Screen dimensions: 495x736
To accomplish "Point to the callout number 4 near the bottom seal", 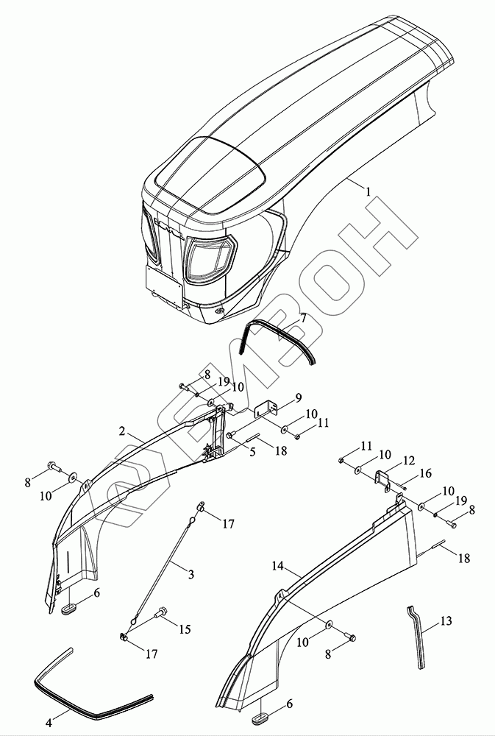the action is pos(49,723).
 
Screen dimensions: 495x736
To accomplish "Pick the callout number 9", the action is pos(299,397).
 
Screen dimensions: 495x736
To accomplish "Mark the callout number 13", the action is pos(446,621).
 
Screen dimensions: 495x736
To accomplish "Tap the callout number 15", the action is pos(185,629).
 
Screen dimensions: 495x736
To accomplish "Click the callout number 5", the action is pos(252,452).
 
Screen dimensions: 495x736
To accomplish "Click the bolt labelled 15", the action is pos(161,612).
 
